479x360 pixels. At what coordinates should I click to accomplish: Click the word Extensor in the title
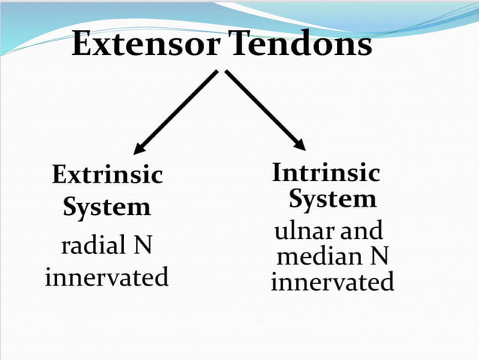[x=146, y=44]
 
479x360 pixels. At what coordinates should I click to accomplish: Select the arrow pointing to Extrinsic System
[x=177, y=112]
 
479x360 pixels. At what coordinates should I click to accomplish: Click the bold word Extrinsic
[x=107, y=176]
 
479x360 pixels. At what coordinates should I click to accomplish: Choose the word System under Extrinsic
[x=107, y=207]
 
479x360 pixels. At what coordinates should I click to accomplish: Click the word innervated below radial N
[x=107, y=277]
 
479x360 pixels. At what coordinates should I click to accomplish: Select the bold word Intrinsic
[x=326, y=174]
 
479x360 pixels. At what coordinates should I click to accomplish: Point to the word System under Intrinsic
[x=333, y=200]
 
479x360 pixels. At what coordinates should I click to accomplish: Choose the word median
[x=315, y=257]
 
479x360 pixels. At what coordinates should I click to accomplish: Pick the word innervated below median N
[x=332, y=283]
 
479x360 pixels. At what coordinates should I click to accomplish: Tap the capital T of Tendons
[x=239, y=44]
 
